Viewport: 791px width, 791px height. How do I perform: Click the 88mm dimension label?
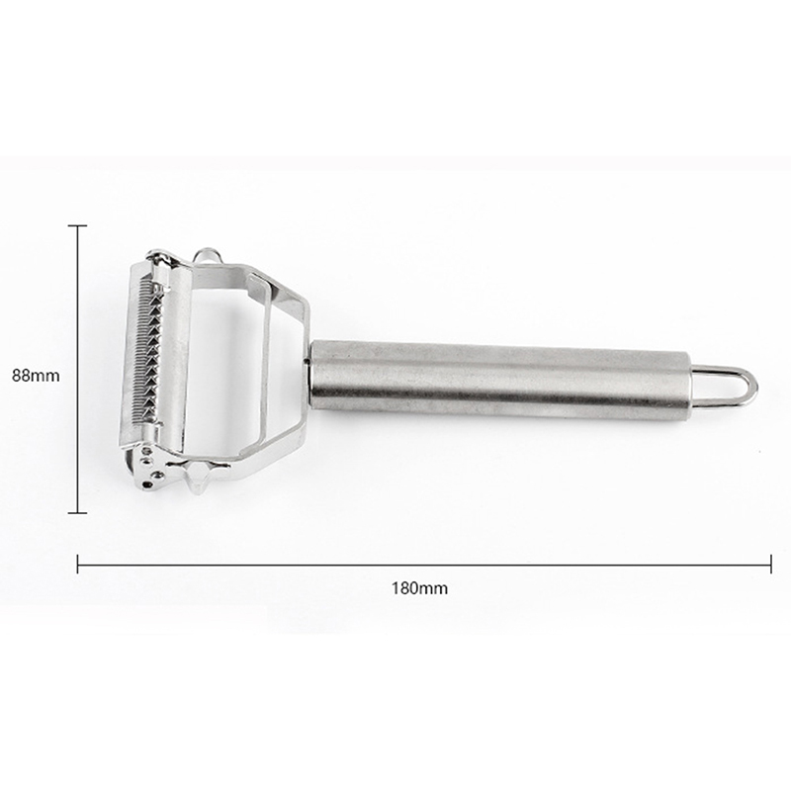[x=36, y=376]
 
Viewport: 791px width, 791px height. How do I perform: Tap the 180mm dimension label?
[x=419, y=588]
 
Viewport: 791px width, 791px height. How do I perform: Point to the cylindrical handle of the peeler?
[x=499, y=381]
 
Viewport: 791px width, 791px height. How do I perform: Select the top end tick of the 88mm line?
[x=77, y=226]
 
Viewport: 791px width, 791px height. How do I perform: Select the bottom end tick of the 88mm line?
[x=77, y=513]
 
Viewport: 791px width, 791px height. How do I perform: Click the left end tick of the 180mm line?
[x=78, y=564]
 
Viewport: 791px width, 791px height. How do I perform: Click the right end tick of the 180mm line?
[x=771, y=564]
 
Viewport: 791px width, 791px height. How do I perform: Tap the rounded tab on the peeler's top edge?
[x=207, y=253]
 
